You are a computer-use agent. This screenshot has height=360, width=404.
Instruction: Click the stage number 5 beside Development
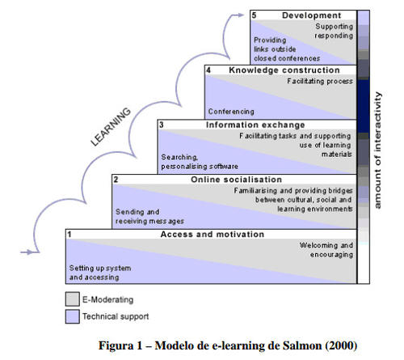click(254, 15)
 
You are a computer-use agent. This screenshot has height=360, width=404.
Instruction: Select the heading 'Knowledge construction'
click(284, 70)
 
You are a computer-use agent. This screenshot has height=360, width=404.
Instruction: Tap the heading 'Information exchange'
click(255, 125)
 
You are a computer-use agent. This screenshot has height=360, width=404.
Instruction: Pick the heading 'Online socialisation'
click(236, 180)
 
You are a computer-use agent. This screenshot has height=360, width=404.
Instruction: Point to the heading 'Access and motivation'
click(213, 234)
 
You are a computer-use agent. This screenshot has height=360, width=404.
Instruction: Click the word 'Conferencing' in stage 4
click(231, 112)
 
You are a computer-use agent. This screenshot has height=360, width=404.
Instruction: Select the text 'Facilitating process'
click(320, 81)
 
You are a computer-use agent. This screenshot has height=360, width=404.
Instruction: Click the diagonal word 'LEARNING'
click(111, 126)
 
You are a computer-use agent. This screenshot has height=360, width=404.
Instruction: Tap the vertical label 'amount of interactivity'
click(378, 150)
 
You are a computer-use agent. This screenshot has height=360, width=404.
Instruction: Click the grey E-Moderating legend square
click(73, 299)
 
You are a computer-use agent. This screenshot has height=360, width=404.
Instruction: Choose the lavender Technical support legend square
click(73, 316)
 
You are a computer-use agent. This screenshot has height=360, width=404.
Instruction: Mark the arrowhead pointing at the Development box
click(240, 15)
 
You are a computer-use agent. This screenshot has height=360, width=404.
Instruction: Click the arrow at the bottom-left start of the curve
click(30, 252)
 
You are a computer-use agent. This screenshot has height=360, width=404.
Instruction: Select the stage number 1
click(69, 235)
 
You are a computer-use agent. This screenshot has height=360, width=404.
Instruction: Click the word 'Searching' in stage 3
click(179, 157)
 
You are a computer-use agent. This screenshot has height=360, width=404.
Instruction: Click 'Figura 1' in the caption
click(120, 345)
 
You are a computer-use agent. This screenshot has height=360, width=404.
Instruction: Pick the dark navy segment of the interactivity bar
click(364, 106)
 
